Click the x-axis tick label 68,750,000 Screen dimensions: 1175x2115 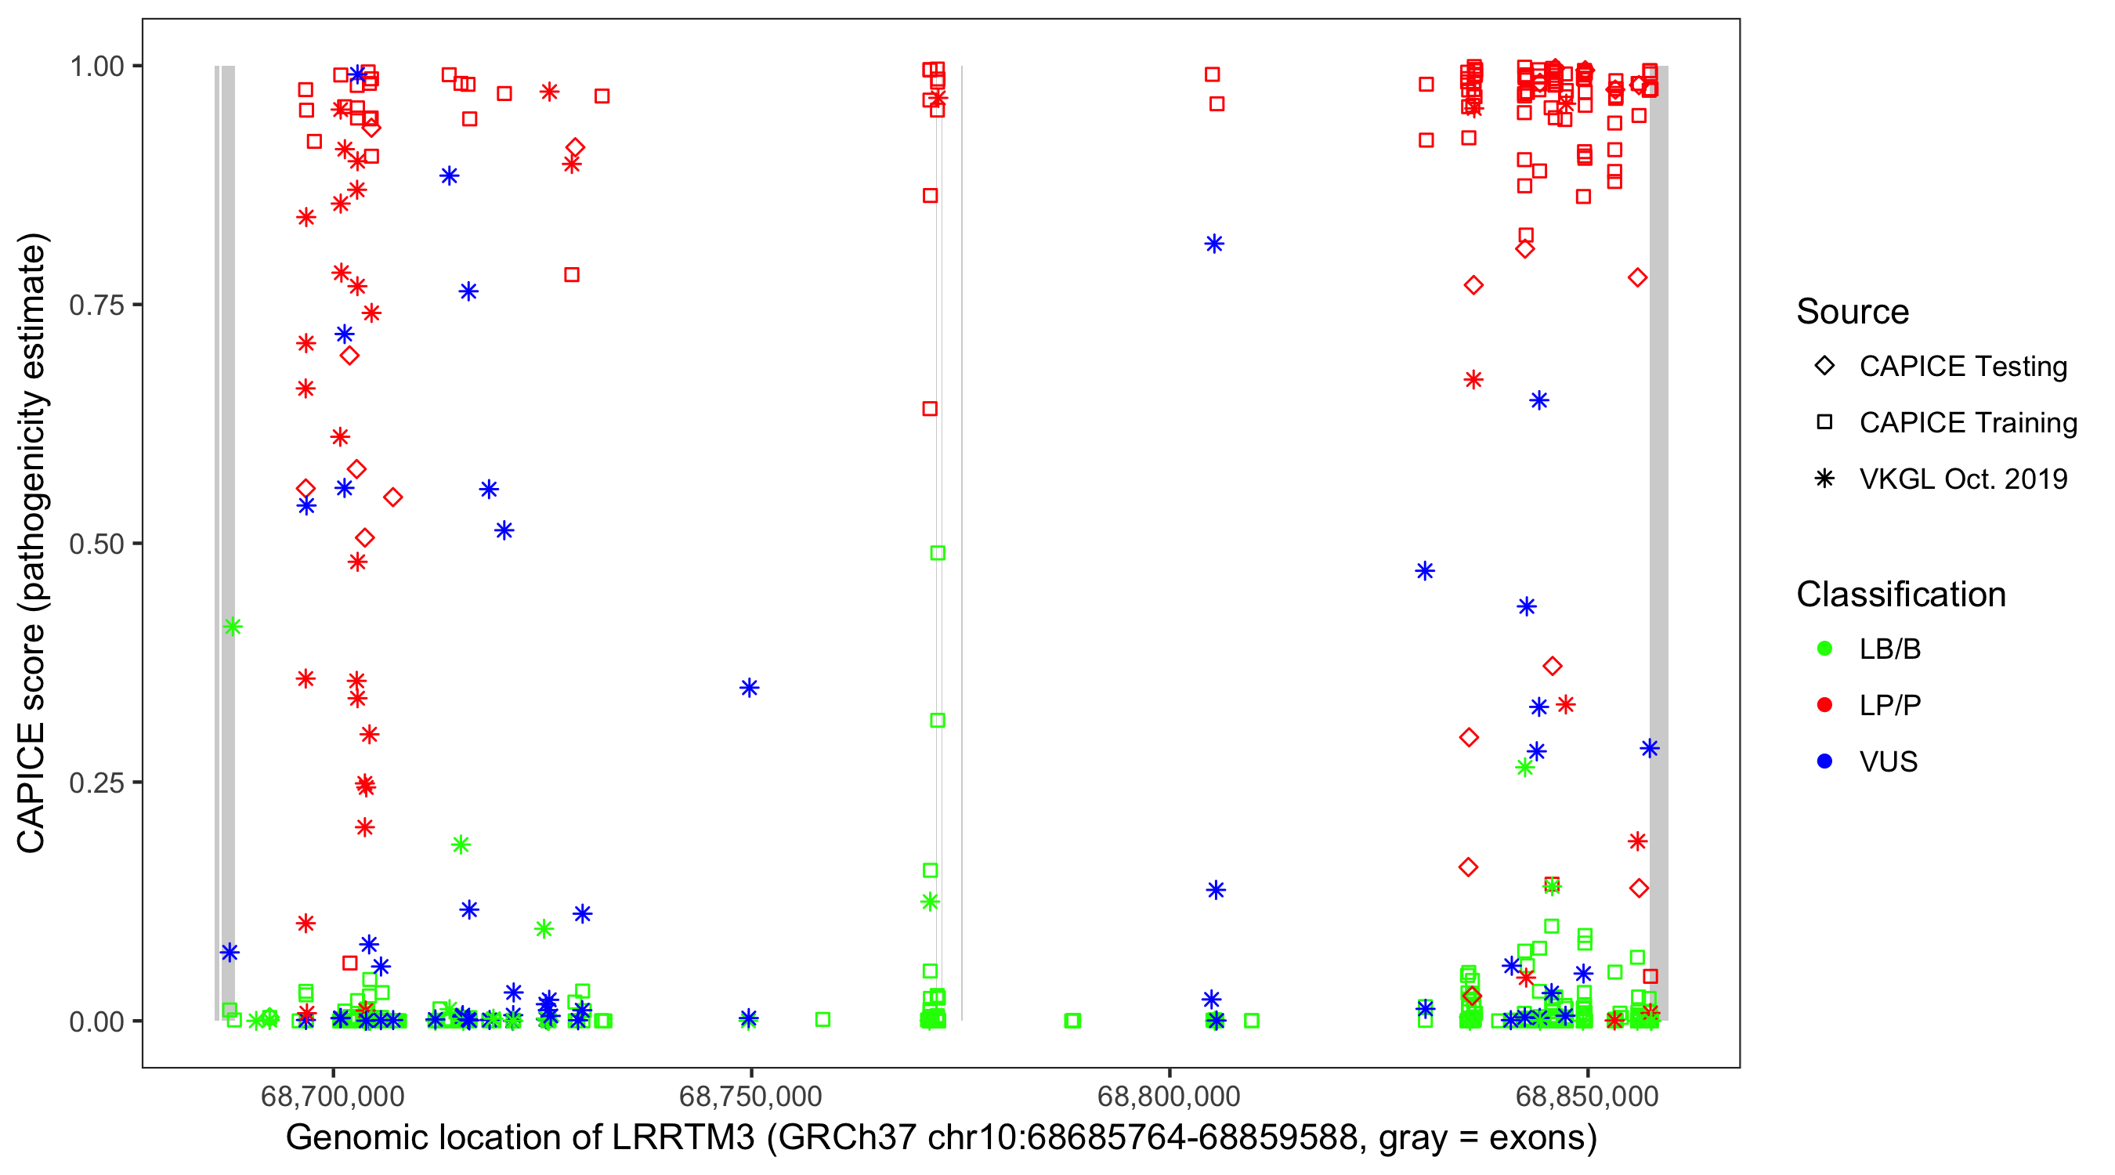click(750, 1096)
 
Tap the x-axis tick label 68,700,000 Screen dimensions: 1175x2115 click(332, 1096)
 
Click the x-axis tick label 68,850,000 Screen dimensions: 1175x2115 click(1586, 1096)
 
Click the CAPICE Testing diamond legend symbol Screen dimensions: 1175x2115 click(1824, 367)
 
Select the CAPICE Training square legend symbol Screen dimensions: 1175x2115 click(1824, 423)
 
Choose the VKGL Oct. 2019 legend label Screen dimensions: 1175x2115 click(1962, 479)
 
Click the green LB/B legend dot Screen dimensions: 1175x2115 click(1824, 649)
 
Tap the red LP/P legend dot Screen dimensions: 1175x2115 click(1824, 705)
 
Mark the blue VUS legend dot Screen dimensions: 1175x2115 click(1824, 762)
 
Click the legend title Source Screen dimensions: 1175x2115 click(1853, 312)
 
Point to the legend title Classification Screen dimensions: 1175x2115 click(1900, 595)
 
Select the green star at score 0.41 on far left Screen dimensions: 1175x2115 click(233, 627)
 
